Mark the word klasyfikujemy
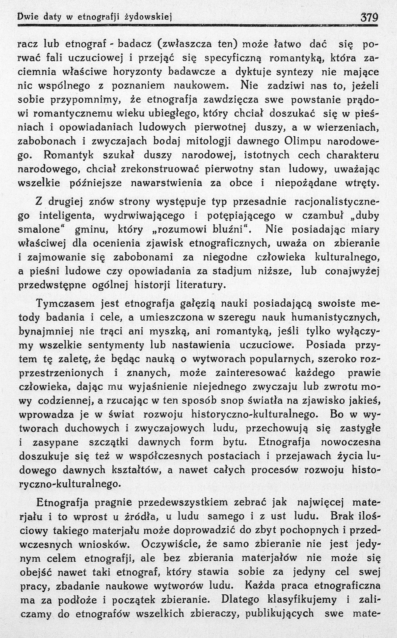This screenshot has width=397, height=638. point(308,599)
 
